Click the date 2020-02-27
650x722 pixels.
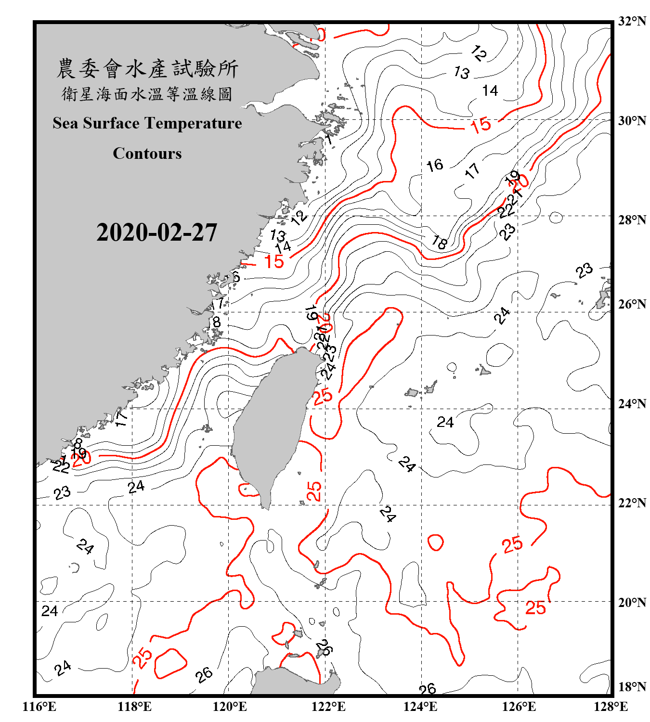pyautogui.click(x=156, y=232)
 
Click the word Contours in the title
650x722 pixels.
pyautogui.click(x=147, y=154)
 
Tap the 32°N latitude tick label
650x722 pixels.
pyautogui.click(x=632, y=21)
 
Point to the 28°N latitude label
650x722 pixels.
pyautogui.click(x=632, y=220)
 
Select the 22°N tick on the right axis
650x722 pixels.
pyautogui.click(x=632, y=503)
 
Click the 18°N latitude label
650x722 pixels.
pyautogui.click(x=632, y=687)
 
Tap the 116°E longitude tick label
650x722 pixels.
pyautogui.click(x=39, y=707)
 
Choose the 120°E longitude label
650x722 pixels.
pyautogui.click(x=230, y=707)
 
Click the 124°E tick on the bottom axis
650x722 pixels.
pyautogui.click(x=420, y=707)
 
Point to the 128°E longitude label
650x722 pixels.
pyautogui.click(x=611, y=707)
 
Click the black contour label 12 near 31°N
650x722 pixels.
pyautogui.click(x=479, y=53)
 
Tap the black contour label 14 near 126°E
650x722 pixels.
pyautogui.click(x=490, y=90)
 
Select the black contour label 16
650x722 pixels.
pyautogui.click(x=435, y=165)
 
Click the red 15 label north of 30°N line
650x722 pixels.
pyautogui.click(x=481, y=126)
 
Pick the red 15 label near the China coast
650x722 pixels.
pyautogui.click(x=274, y=262)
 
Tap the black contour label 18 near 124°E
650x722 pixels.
pyautogui.click(x=439, y=241)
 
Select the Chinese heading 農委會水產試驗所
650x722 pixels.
pyautogui.click(x=147, y=69)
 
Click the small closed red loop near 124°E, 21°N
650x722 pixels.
pyautogui.click(x=435, y=542)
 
